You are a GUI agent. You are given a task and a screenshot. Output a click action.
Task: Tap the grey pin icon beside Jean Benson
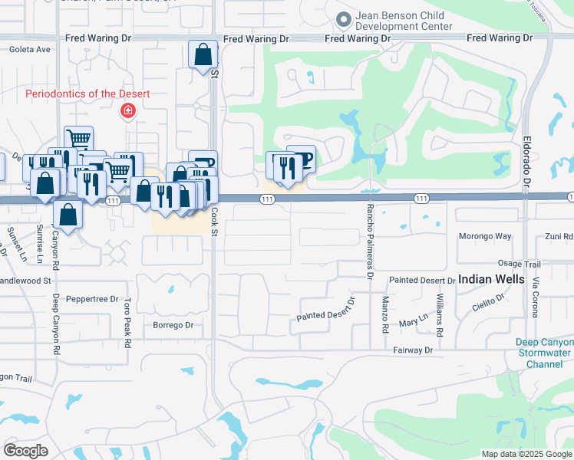pos(342,18)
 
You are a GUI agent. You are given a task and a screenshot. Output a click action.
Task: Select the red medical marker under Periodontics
pos(127,112)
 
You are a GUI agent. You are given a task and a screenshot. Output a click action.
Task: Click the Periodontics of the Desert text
pos(87,94)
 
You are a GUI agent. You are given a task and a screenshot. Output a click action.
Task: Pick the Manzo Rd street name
pos(385,314)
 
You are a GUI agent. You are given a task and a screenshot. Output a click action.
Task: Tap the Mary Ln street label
pos(413,324)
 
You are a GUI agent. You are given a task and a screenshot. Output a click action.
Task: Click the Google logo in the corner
pos(25,450)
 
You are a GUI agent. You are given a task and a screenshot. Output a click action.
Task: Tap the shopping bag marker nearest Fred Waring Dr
pos(203,55)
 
